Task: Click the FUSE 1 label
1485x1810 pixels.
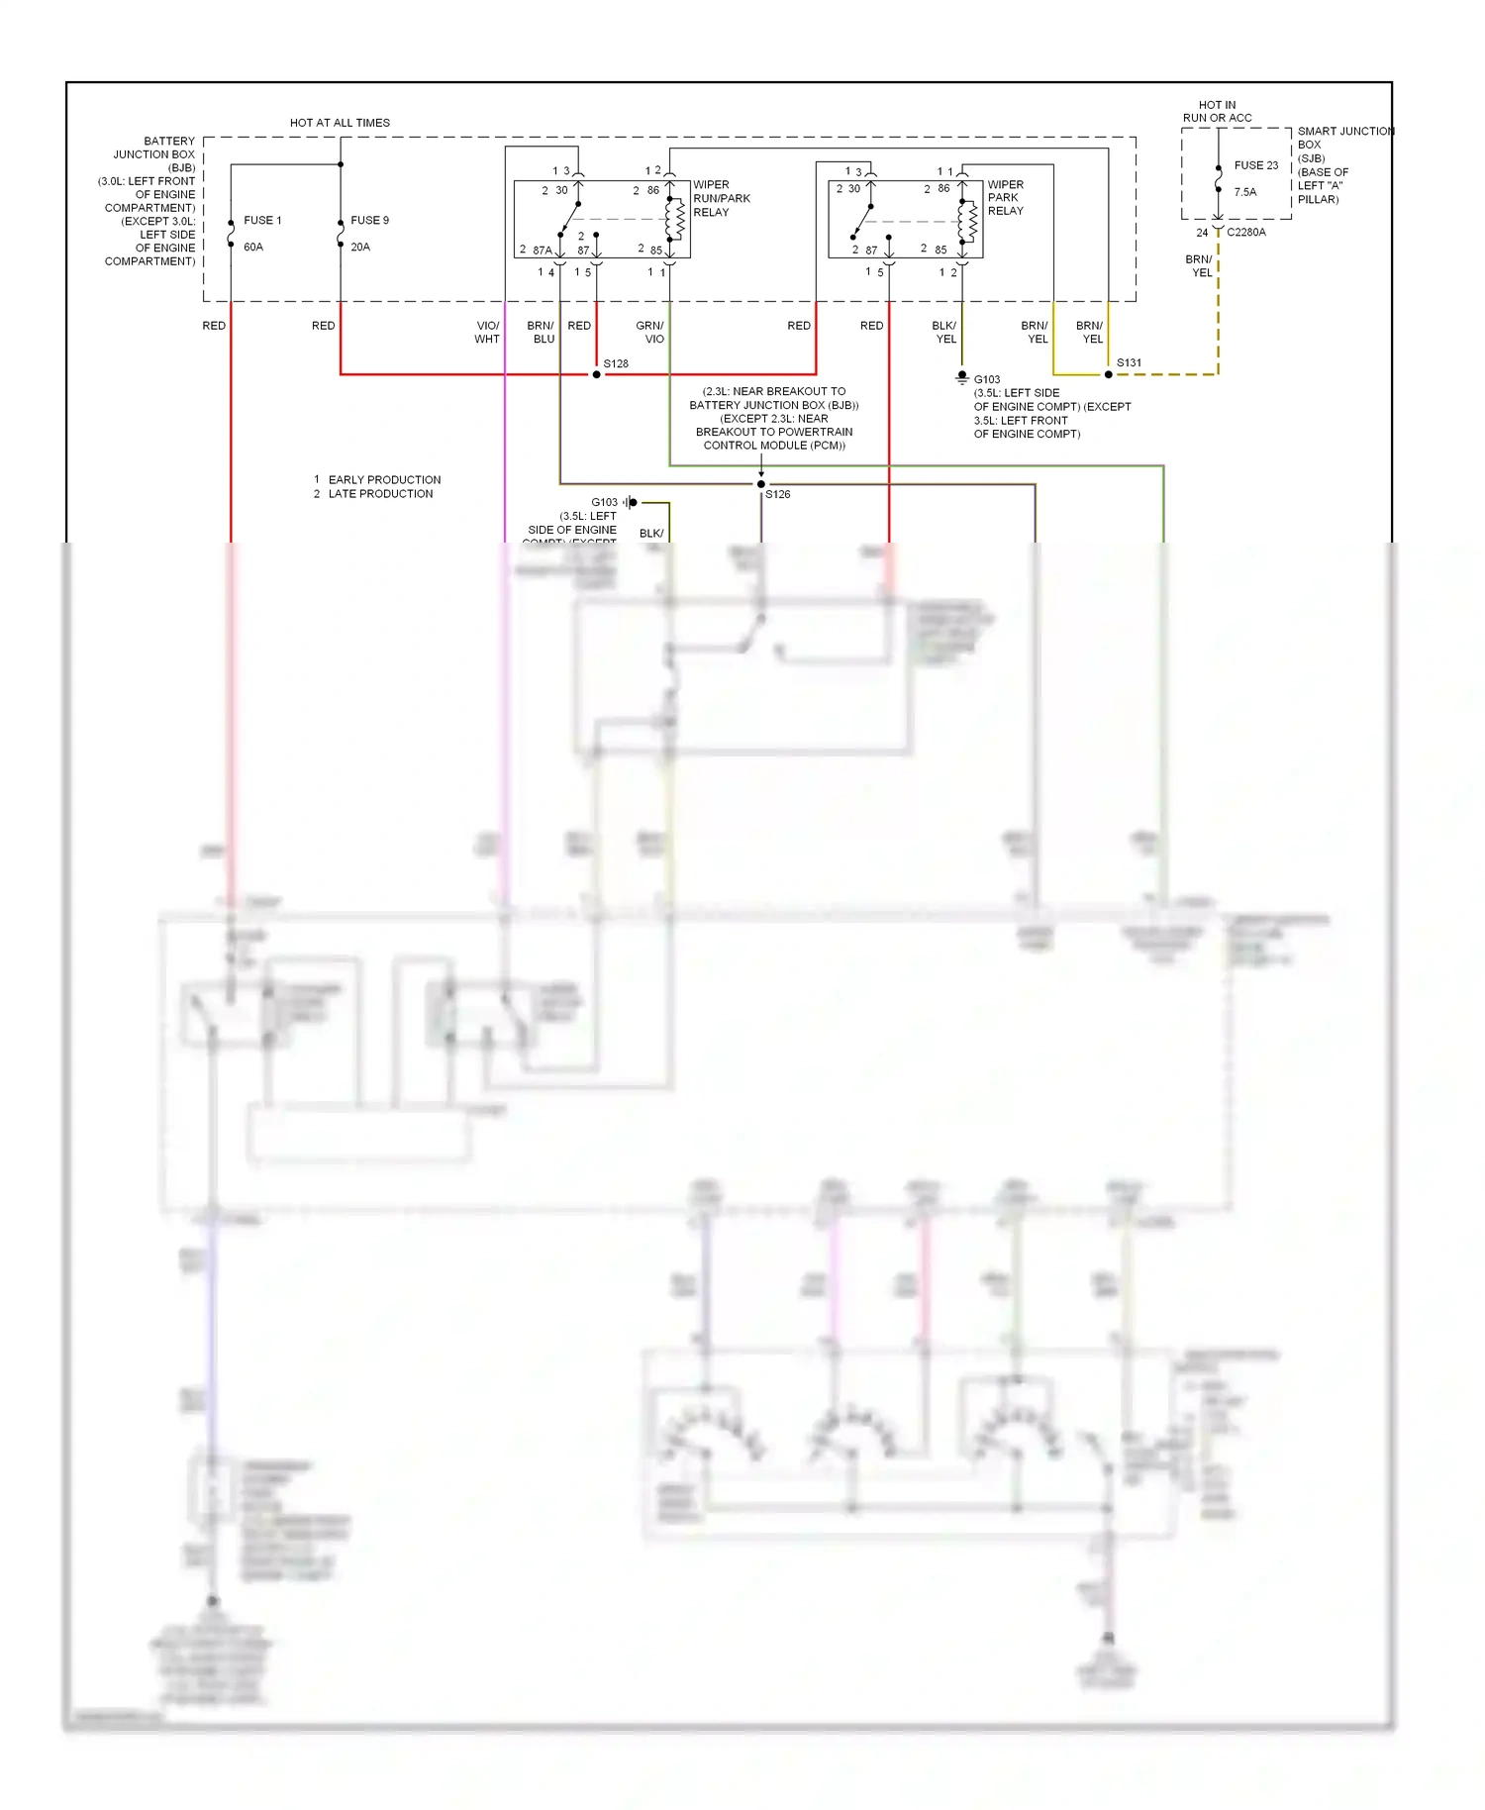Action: (x=262, y=221)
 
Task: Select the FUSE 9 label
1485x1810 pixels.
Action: (x=369, y=221)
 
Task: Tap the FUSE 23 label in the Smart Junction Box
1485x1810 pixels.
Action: (x=1255, y=165)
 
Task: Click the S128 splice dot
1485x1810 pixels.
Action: (x=596, y=374)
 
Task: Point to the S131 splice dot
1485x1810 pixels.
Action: (x=1108, y=374)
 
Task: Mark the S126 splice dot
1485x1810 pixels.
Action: (x=760, y=484)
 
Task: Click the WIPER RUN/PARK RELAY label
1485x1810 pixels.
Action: (x=721, y=198)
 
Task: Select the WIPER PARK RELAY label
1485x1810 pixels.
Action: (x=1005, y=197)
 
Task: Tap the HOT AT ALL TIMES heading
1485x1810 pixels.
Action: (x=340, y=123)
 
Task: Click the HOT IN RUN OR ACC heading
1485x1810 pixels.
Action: (x=1217, y=111)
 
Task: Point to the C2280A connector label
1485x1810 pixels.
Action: (x=1245, y=232)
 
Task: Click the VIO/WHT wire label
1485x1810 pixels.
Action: (x=487, y=332)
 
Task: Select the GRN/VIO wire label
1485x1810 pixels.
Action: (x=649, y=332)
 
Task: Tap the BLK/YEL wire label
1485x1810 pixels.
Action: (x=944, y=332)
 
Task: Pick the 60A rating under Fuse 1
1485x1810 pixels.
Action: (x=253, y=247)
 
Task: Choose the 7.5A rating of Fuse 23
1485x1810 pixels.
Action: (x=1244, y=192)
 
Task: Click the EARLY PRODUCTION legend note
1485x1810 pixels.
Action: (x=384, y=479)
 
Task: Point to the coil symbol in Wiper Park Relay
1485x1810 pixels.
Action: (x=971, y=222)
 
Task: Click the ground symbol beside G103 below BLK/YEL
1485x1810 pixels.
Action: (x=961, y=378)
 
